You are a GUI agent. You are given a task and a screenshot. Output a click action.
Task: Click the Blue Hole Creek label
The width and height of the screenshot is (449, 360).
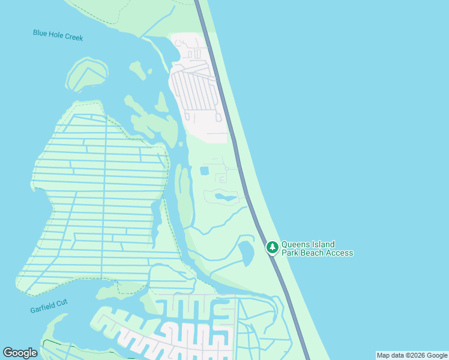58,35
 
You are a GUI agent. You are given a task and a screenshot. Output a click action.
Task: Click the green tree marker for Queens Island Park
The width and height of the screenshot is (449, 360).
273,247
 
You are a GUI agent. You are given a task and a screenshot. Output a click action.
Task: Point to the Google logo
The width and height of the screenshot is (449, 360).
20,352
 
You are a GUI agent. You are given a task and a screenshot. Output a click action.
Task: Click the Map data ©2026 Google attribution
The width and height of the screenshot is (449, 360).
412,355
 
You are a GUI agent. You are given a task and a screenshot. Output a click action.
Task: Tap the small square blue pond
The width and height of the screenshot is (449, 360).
204,171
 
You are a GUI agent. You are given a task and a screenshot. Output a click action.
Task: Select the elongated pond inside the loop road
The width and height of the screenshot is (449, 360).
226,197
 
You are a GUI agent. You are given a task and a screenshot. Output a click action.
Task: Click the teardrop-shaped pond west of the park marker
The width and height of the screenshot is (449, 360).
246,252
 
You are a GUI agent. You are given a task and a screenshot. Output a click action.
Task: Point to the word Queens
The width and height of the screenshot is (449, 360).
294,244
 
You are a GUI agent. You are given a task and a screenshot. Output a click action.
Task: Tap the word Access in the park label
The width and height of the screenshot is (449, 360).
340,253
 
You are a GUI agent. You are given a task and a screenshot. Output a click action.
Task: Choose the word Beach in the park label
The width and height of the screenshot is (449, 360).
313,253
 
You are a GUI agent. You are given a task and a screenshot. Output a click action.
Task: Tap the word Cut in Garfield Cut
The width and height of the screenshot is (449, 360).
63,302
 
